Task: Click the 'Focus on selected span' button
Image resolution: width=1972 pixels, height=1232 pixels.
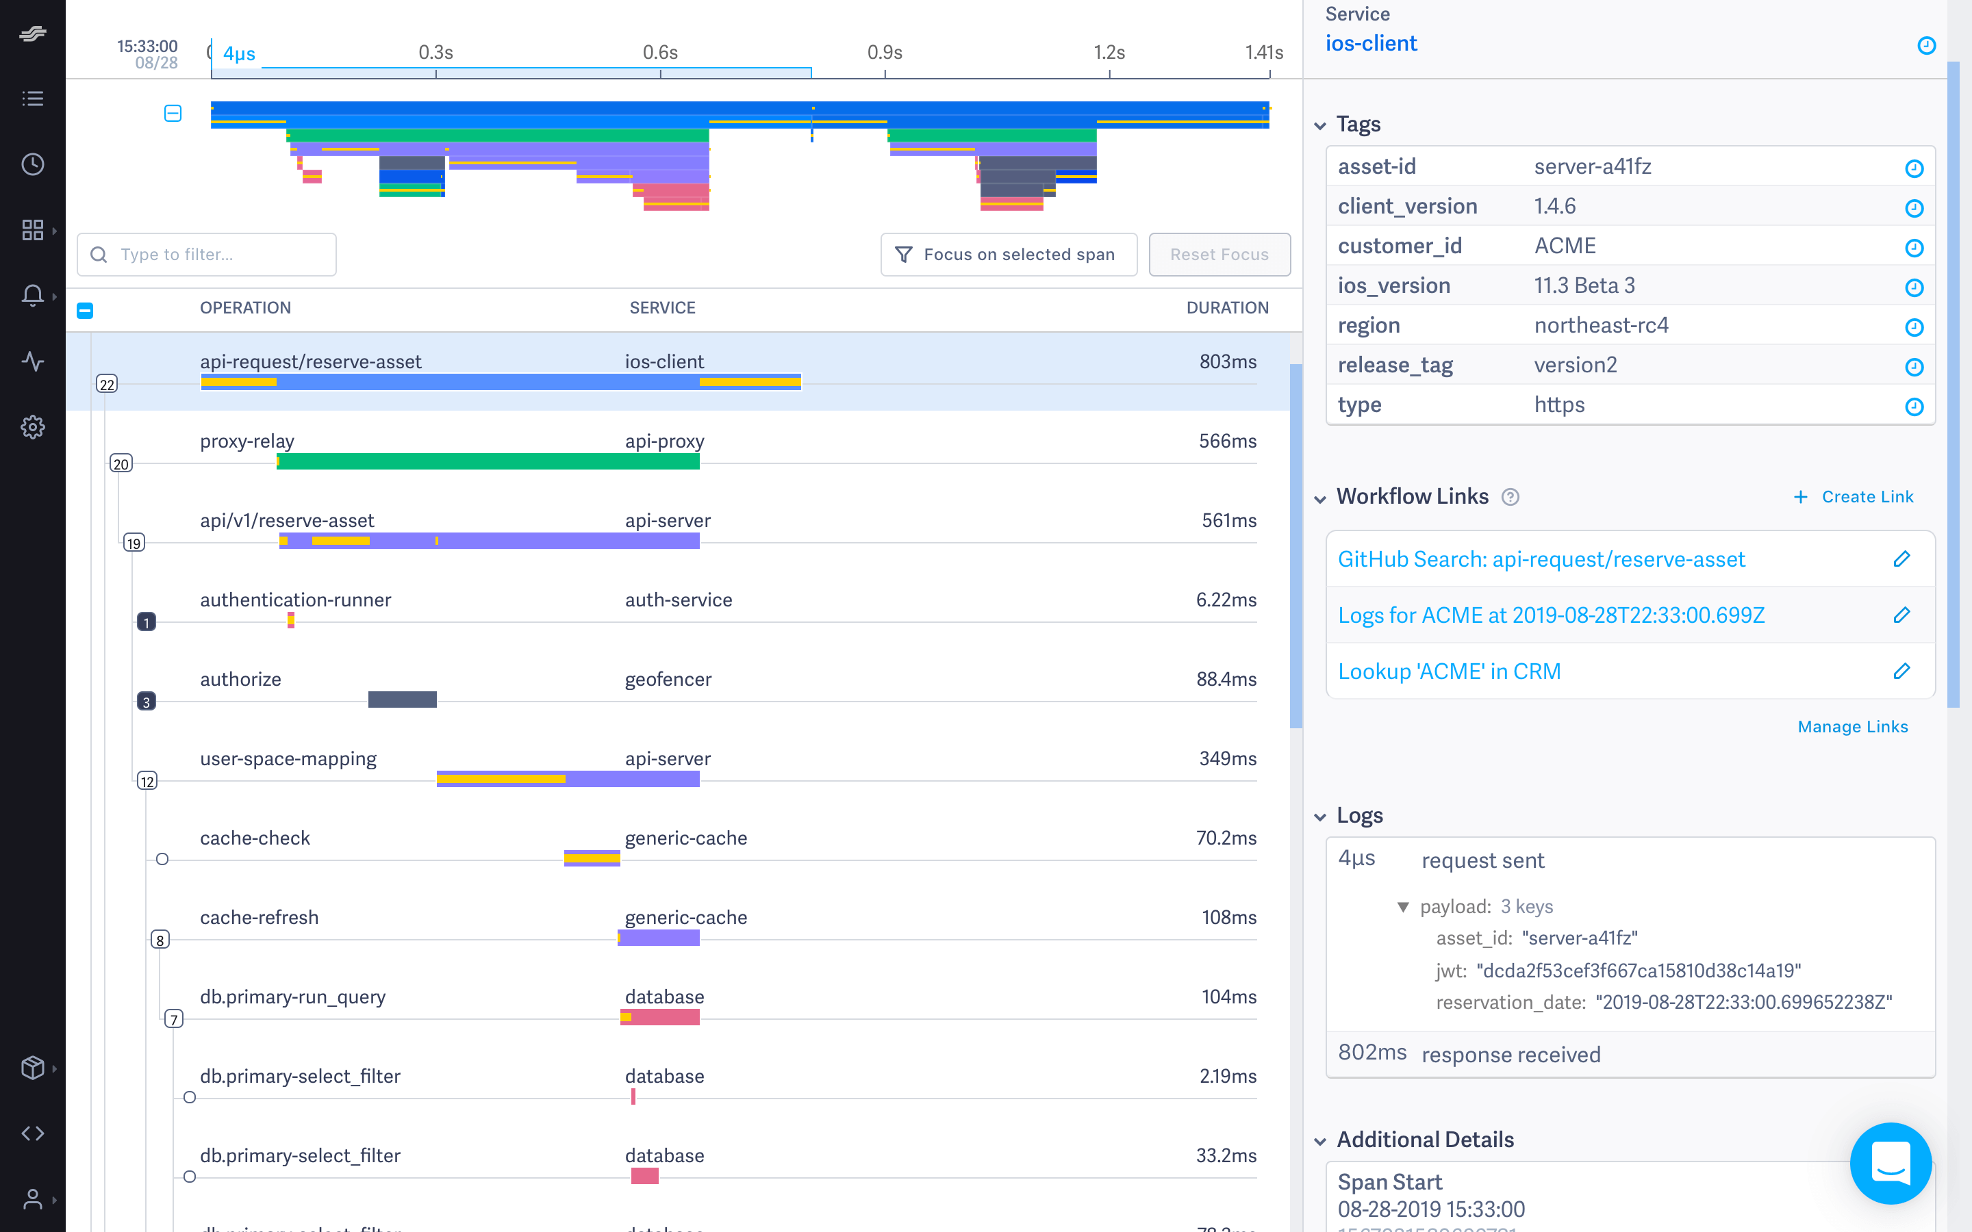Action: tap(1008, 254)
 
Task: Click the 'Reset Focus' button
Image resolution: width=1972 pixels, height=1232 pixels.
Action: tap(1218, 254)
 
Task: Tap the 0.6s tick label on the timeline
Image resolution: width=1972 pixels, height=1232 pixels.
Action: tap(659, 53)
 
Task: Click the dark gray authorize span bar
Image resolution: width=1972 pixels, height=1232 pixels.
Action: tap(402, 699)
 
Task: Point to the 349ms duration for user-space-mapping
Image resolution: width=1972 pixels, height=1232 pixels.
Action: tap(1226, 758)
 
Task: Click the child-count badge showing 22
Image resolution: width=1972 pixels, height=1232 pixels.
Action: tap(107, 385)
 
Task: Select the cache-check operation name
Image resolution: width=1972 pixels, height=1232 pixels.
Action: tap(255, 838)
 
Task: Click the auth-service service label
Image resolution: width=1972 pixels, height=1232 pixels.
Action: tap(678, 600)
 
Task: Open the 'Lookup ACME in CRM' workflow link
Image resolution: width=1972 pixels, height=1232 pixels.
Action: tap(1449, 671)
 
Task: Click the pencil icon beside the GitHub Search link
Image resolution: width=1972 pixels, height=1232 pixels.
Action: tap(1901, 559)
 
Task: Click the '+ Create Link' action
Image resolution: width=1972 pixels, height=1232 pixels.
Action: tap(1853, 497)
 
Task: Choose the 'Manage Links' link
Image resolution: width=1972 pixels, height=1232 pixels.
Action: tap(1852, 727)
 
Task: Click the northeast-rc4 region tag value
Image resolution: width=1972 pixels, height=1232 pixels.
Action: tap(1600, 325)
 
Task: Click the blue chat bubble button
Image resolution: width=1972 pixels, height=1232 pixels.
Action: tap(1890, 1163)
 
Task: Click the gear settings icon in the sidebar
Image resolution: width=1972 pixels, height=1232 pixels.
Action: tap(33, 427)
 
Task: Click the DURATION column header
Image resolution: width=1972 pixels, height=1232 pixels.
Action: tap(1226, 308)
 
